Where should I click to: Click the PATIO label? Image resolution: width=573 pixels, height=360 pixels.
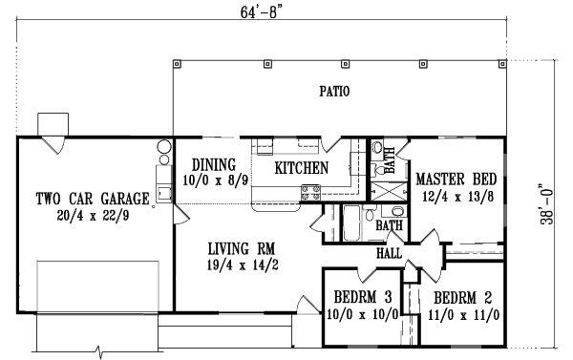[x=334, y=93]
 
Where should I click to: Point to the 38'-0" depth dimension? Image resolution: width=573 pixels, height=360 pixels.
[x=546, y=212]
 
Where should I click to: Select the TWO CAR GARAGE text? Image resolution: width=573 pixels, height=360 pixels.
[x=93, y=200]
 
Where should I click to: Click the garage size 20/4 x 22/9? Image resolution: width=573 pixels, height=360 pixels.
[x=93, y=216]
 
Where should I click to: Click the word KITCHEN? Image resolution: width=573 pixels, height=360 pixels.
[x=302, y=168]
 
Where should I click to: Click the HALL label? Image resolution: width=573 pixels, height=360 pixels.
[x=390, y=254]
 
